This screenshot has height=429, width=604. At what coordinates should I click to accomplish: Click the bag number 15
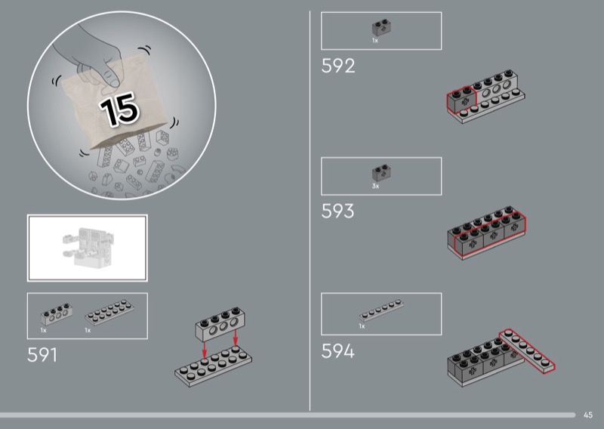[x=119, y=110]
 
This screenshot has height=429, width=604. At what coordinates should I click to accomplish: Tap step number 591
[x=42, y=355]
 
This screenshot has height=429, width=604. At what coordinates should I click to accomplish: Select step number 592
[x=337, y=66]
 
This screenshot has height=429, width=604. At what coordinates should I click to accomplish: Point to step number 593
[x=337, y=211]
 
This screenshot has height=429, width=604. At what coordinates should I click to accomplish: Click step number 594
[x=337, y=351]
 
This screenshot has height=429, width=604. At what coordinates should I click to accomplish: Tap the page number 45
[x=588, y=415]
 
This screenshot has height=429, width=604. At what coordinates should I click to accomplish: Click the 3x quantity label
[x=375, y=186]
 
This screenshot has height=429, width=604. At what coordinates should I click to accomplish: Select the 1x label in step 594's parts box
[x=362, y=326]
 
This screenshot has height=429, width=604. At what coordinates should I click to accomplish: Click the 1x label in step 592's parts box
[x=374, y=41]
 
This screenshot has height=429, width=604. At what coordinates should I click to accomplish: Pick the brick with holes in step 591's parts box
[x=56, y=314]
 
